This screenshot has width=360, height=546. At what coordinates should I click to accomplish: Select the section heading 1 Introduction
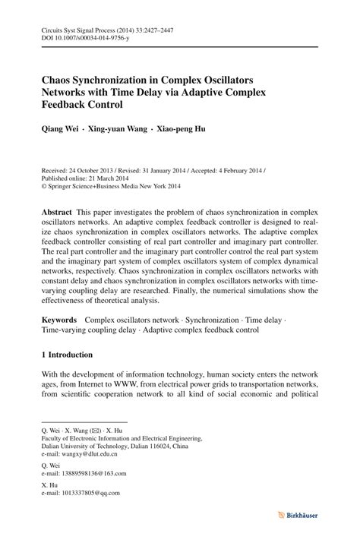coord(67,355)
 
